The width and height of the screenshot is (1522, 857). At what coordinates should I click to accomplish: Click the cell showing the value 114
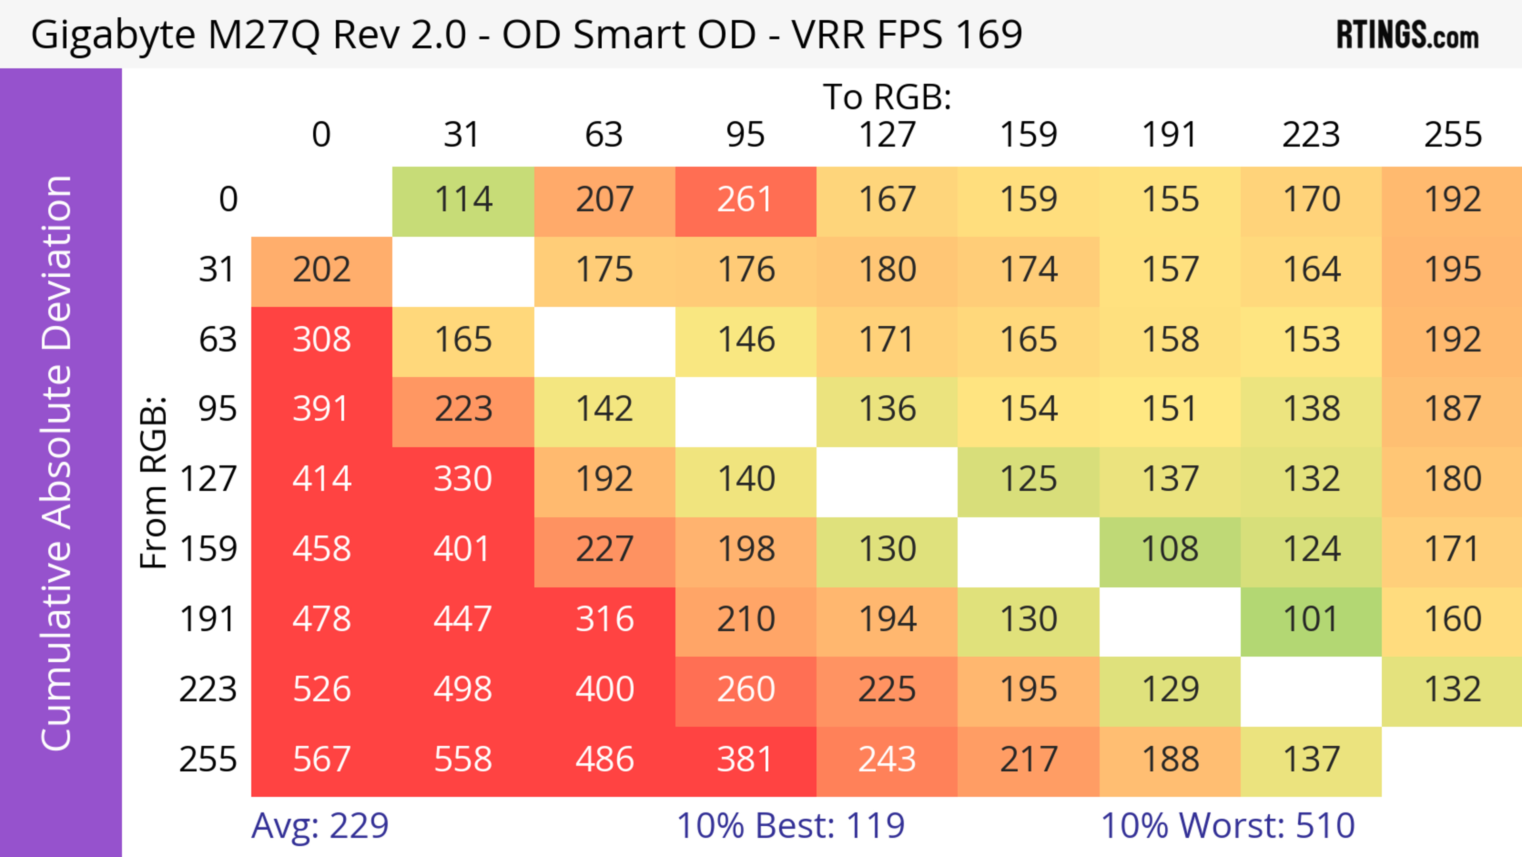pos(463,200)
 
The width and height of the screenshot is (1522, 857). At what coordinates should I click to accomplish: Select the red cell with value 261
pos(745,200)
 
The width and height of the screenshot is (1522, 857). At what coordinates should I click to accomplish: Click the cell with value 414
pos(321,480)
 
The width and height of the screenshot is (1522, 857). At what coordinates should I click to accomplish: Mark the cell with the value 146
pos(745,340)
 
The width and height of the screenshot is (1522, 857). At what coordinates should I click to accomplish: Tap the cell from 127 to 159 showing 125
pos(1028,480)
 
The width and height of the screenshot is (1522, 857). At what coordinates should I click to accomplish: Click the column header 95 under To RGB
pos(745,135)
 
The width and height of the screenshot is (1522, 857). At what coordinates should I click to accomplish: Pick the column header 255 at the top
pos(1452,135)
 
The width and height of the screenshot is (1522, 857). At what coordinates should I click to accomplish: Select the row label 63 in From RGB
pos(218,340)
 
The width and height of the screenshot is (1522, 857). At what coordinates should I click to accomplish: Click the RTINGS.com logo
pos(1407,35)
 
